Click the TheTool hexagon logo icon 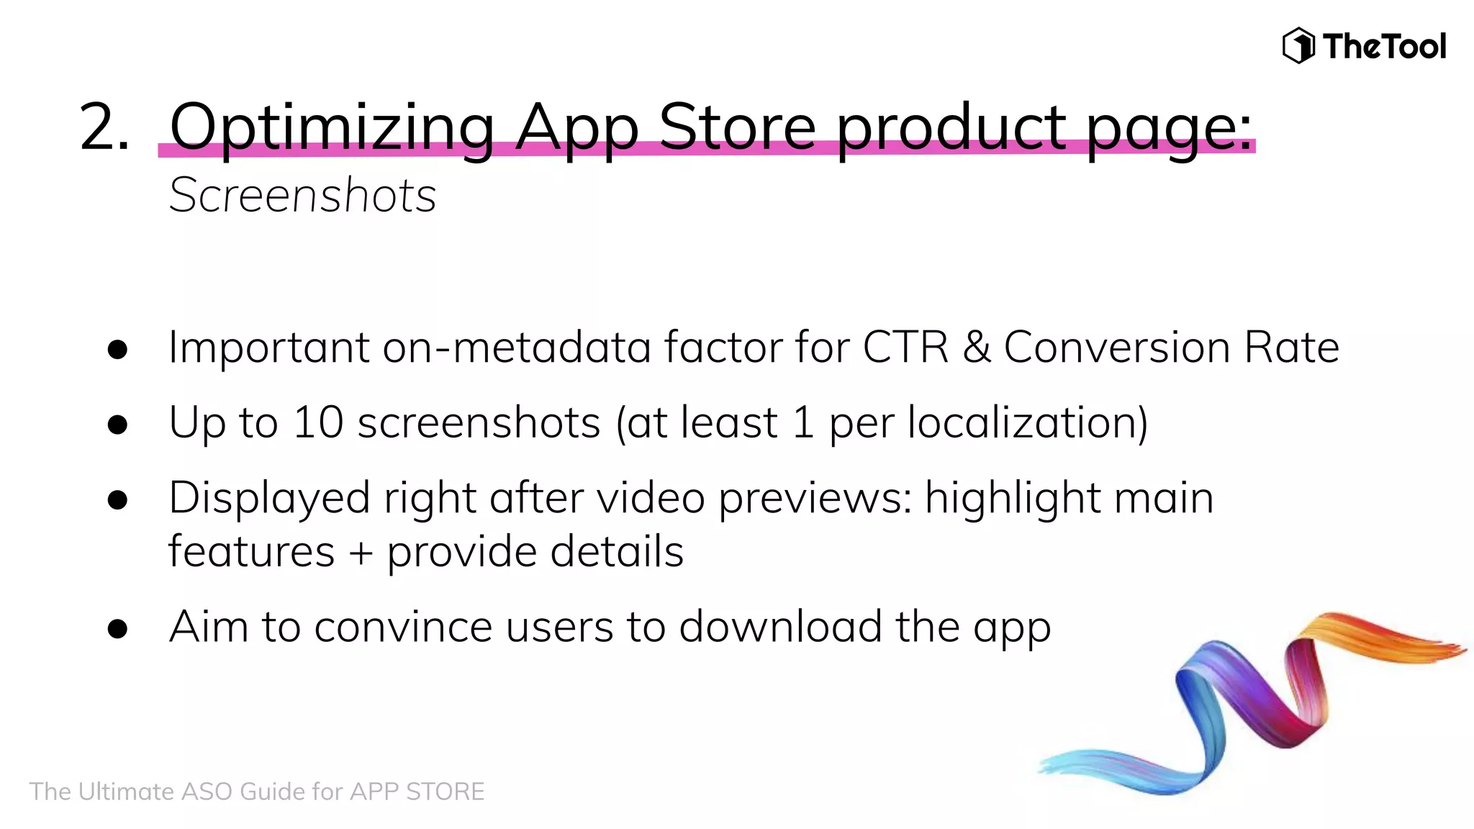click(x=1298, y=45)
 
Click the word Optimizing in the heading click(x=332, y=128)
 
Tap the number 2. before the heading click(x=105, y=127)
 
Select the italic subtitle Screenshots click(x=302, y=195)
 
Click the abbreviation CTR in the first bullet click(x=905, y=348)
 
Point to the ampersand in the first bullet click(x=977, y=348)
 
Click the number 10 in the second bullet click(x=318, y=422)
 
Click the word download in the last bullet click(x=780, y=627)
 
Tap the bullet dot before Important click(x=117, y=350)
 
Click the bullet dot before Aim click(x=117, y=629)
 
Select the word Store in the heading click(x=737, y=127)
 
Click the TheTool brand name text click(x=1384, y=47)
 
